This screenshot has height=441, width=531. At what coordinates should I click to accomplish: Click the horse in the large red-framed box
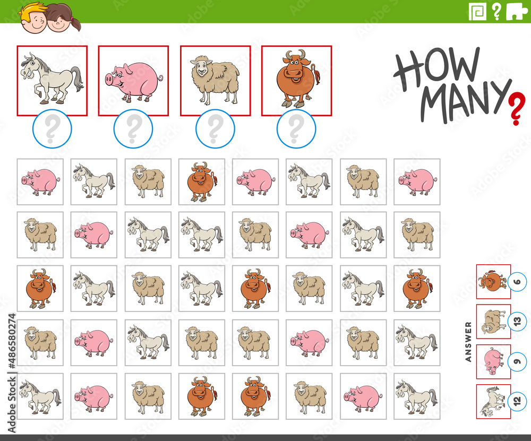52,79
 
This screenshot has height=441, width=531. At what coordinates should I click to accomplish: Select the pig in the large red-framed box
134,82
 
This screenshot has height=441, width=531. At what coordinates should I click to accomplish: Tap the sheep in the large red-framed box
216,81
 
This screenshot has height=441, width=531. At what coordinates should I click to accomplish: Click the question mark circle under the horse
52,129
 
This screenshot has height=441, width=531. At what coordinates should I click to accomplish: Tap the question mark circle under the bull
296,129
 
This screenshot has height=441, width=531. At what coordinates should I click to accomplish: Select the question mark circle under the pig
133,129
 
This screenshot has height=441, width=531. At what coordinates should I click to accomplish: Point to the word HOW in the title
437,68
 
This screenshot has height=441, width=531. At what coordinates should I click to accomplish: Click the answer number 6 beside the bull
517,282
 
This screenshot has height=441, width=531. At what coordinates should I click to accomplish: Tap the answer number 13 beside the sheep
517,321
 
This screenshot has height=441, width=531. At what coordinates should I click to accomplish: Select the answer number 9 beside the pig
517,361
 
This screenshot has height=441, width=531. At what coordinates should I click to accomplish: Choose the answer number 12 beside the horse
517,401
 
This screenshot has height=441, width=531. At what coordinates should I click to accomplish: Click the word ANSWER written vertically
468,341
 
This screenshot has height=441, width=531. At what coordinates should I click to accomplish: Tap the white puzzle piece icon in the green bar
517,12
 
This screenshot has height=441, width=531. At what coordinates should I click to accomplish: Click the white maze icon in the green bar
477,12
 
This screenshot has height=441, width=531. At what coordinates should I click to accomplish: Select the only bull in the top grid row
202,181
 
